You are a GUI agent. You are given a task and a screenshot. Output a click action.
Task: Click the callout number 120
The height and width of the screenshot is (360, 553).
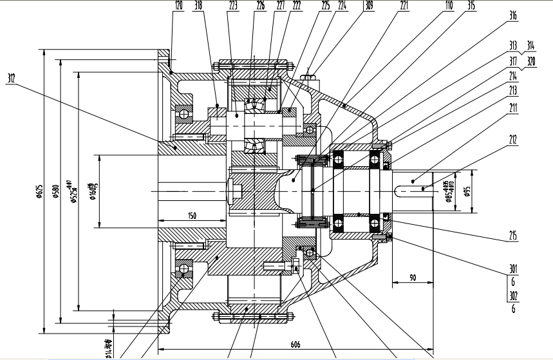pyautogui.click(x=178, y=5)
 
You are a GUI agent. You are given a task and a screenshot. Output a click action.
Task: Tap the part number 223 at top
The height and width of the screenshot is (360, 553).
pyautogui.click(x=232, y=5)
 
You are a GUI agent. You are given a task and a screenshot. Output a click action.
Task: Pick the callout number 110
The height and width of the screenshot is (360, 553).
pyautogui.click(x=449, y=5)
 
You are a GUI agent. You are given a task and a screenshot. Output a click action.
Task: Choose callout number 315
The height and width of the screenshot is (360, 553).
pyautogui.click(x=472, y=5)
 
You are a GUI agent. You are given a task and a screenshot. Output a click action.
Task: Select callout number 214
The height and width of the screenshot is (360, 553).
pyautogui.click(x=513, y=75)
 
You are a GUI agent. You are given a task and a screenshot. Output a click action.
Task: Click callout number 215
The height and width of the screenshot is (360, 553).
pyautogui.click(x=513, y=236)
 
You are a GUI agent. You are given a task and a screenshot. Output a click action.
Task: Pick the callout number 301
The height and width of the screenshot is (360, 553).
pyautogui.click(x=513, y=269)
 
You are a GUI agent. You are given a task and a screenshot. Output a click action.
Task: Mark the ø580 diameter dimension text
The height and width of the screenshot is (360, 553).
pyautogui.click(x=57, y=191)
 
